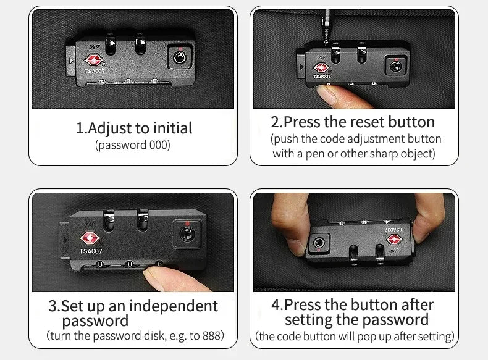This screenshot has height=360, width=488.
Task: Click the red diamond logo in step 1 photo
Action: point(93,60)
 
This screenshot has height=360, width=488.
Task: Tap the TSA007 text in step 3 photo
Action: point(91,251)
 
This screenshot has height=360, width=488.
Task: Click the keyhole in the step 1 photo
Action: point(180,58)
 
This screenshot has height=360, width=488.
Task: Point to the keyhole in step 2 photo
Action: point(395,66)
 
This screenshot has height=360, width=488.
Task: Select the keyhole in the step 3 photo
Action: point(187,234)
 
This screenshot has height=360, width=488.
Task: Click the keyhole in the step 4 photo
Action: point(318,243)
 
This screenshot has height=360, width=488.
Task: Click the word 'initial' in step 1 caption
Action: point(173,128)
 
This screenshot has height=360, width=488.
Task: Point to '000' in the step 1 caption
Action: point(159,145)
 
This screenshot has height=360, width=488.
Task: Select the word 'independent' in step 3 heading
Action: point(174,306)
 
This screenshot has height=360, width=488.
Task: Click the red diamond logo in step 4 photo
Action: point(395,239)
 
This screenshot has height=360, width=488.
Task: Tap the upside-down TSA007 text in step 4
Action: point(393,229)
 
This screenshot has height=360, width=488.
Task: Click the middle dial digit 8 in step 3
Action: point(130,264)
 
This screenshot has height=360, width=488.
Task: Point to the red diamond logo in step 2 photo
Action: point(321,68)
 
